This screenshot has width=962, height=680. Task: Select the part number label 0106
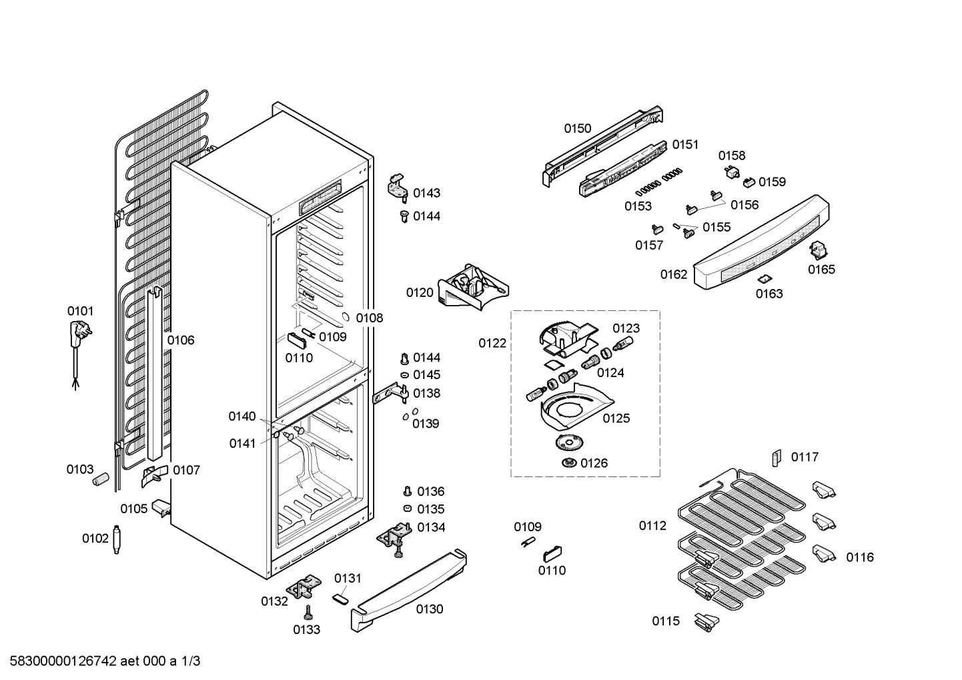[x=180, y=340]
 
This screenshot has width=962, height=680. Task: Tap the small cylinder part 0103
[x=101, y=478]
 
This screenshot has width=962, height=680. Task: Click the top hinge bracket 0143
[x=398, y=185]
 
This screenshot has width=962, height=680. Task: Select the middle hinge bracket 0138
[x=390, y=395]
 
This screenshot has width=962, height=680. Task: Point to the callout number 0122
[x=492, y=344]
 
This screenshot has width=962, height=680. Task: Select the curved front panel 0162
[x=761, y=244]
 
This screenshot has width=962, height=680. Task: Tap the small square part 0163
[x=765, y=278]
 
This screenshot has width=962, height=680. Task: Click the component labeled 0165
[x=819, y=250]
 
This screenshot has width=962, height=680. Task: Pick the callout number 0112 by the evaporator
[x=652, y=526]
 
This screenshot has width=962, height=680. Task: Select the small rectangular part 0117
[x=776, y=458]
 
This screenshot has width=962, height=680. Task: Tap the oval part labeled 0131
[x=340, y=599]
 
